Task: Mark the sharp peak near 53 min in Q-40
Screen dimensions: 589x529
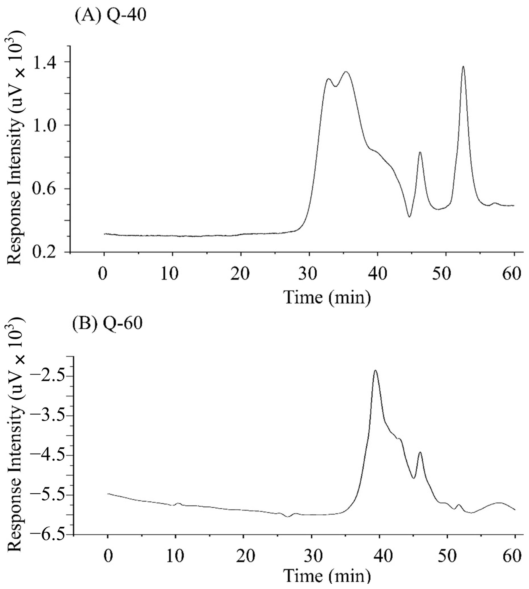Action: [x=463, y=67]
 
